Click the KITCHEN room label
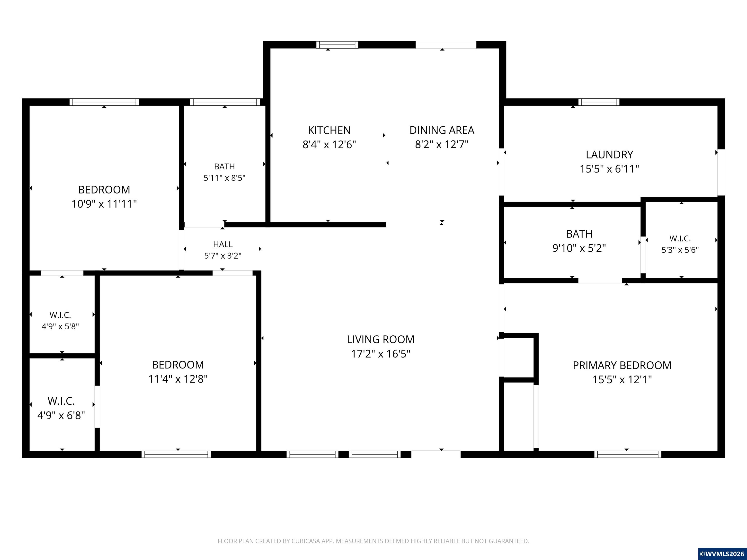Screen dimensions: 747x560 (329, 130)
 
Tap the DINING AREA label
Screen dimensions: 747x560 (442, 130)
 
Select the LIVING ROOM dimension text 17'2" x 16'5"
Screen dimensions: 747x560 (381, 354)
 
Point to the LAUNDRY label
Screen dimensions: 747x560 (609, 155)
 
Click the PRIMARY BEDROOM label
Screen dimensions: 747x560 (622, 365)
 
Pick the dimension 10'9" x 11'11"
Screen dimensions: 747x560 (104, 204)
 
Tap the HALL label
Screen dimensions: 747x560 (223, 244)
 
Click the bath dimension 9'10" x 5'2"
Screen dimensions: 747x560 (579, 248)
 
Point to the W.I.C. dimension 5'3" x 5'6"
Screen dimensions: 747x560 (680, 250)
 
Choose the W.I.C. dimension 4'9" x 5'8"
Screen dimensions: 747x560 (60, 326)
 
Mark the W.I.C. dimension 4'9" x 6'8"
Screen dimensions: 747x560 (61, 415)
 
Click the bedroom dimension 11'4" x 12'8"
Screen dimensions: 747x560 (178, 379)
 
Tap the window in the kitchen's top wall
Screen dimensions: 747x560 (337, 44)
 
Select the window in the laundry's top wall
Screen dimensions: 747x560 (599, 102)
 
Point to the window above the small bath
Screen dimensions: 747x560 (225, 102)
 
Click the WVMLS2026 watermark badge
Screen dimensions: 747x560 (722, 554)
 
